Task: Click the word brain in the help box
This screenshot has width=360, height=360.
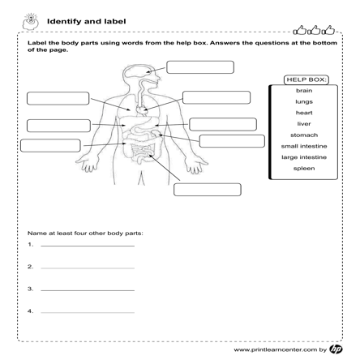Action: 304,91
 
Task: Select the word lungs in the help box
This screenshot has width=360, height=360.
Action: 304,102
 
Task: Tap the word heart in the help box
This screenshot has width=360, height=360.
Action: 304,113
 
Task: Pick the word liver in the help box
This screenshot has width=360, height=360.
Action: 304,124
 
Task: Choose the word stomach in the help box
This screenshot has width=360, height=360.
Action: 304,135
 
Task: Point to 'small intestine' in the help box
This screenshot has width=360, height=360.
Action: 304,146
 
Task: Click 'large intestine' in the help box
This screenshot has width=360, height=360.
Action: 304,156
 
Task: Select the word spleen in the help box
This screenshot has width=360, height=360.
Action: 304,169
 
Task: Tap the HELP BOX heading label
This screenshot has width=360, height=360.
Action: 306,79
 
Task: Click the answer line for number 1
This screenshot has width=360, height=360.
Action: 87,245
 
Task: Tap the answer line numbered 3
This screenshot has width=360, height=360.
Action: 87,289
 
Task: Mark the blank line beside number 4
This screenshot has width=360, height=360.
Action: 87,311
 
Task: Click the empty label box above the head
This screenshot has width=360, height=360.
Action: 199,66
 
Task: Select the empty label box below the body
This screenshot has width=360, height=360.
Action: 207,190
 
